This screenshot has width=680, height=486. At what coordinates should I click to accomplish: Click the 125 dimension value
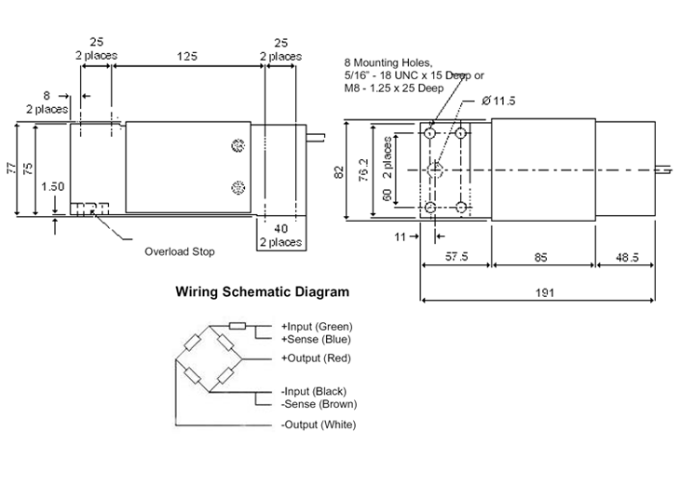click(187, 56)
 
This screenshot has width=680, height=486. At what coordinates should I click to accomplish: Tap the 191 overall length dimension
click(545, 292)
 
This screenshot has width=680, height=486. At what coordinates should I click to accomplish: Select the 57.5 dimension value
click(456, 256)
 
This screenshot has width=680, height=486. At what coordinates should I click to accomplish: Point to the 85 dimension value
click(541, 258)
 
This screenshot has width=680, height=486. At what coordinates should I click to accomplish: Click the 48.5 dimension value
click(627, 258)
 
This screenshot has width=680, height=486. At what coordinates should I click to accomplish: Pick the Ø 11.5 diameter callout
click(498, 101)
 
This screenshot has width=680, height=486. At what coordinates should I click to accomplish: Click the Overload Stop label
click(180, 252)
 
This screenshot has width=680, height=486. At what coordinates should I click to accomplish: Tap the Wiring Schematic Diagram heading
click(263, 291)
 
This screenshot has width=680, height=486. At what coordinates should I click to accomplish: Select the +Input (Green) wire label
click(317, 327)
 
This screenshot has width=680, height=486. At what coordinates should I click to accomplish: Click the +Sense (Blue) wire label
click(316, 339)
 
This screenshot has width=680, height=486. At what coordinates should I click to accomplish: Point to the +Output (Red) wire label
click(316, 358)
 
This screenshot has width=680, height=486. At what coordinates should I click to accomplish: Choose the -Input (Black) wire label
click(315, 391)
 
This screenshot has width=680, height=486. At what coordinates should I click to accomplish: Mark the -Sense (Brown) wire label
click(320, 404)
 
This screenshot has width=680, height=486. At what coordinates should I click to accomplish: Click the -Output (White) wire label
click(319, 425)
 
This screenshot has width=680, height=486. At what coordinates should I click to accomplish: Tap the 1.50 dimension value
click(52, 186)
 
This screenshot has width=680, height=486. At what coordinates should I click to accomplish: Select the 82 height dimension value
click(339, 172)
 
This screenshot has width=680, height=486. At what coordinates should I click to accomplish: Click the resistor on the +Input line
click(238, 326)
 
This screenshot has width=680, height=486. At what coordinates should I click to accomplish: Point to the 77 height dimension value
click(12, 169)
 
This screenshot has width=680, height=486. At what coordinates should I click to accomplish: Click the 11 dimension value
click(400, 236)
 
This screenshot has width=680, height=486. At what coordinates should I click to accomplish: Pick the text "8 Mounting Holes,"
click(388, 63)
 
